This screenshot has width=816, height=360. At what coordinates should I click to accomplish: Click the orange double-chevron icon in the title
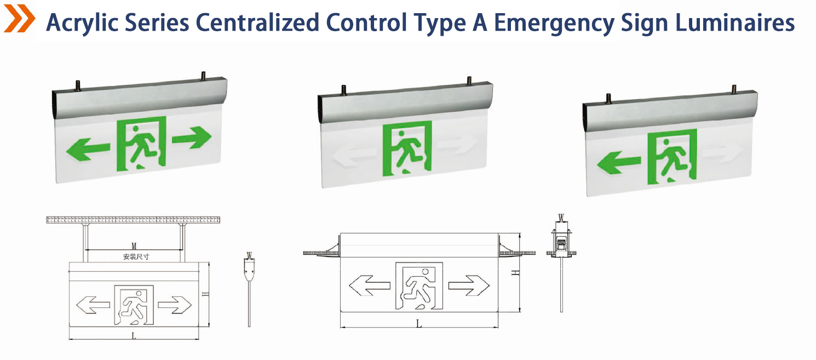tap(20, 18)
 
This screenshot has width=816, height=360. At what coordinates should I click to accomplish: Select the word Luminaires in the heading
tap(735, 22)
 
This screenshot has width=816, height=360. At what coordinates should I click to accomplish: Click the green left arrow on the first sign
tap(88, 149)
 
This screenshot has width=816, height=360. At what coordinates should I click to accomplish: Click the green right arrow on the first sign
tap(192, 138)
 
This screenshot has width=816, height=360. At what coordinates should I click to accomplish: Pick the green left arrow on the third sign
tap(618, 163)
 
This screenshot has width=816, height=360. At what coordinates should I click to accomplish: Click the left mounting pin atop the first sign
tap(78, 85)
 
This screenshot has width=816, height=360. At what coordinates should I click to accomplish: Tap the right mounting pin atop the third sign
tap(734, 89)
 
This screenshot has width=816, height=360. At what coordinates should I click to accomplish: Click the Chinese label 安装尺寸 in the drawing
tap(136, 256)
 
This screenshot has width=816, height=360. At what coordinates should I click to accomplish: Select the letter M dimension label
tap(134, 247)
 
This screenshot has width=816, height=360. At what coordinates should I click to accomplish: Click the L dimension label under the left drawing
tap(134, 335)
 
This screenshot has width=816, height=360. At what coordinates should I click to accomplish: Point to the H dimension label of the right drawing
tap(515, 272)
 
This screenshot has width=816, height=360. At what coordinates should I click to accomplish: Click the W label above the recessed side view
tap(561, 218)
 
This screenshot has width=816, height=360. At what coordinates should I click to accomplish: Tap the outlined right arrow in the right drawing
tap(469, 285)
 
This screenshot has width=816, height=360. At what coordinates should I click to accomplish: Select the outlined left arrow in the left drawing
tap(93, 305)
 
